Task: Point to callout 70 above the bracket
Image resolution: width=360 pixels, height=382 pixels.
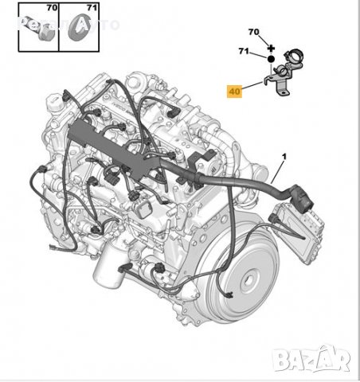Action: pyautogui.click(x=254, y=33)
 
